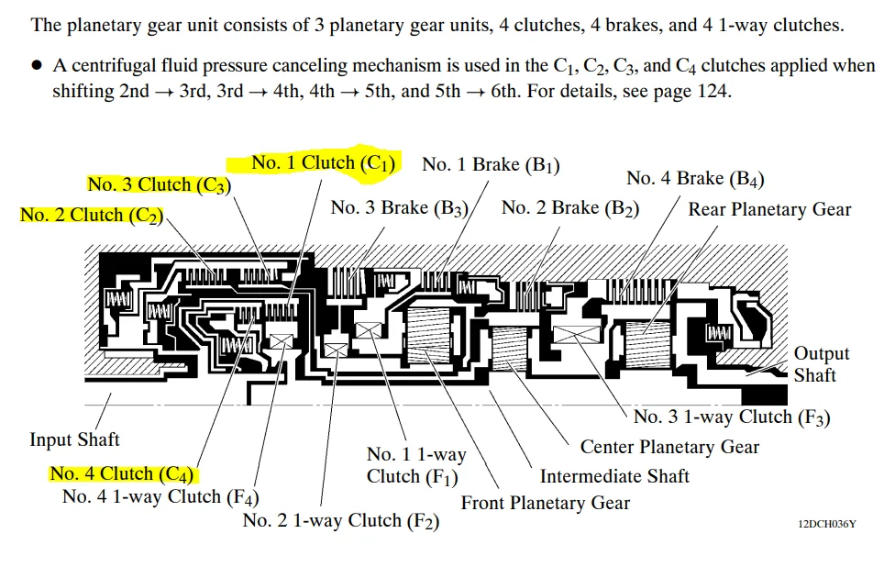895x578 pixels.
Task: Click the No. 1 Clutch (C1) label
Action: point(323,163)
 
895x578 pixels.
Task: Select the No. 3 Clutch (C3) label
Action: point(159,184)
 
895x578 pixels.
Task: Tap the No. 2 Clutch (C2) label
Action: point(92,215)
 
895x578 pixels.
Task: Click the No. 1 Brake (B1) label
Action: point(491,165)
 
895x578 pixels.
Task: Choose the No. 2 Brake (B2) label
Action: point(570,207)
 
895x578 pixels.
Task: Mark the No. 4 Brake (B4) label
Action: point(695,179)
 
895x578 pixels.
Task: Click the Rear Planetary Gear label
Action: point(769,209)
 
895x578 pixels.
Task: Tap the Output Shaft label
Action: point(821,364)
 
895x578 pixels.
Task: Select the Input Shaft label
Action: point(74,439)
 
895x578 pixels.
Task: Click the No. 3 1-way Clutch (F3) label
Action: point(732,417)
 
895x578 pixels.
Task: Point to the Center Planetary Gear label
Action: point(669,447)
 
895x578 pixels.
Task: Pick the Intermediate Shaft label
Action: point(614,475)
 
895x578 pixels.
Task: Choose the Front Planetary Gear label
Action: point(545,503)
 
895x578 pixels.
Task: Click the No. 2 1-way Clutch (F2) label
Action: point(340,521)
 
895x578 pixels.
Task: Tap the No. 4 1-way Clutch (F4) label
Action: point(160,497)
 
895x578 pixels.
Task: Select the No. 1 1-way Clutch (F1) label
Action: point(416,465)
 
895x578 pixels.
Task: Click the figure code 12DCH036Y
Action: point(826,524)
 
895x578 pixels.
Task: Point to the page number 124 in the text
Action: point(715,93)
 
